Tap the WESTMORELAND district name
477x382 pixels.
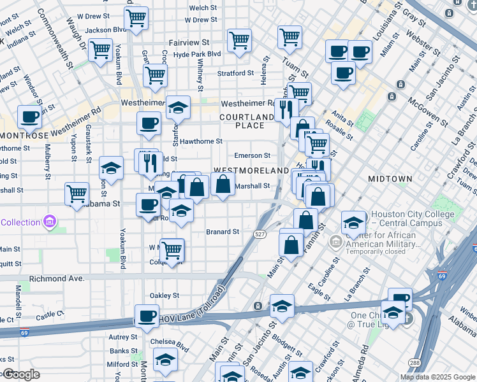[251, 171]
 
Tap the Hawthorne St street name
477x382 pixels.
[201, 141]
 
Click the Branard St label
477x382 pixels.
[223, 232]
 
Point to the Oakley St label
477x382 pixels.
[164, 295]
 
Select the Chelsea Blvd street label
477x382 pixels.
[170, 341]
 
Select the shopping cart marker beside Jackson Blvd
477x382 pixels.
[136, 19]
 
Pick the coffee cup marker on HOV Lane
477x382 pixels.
[147, 316]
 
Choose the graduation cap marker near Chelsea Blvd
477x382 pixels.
[165, 360]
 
